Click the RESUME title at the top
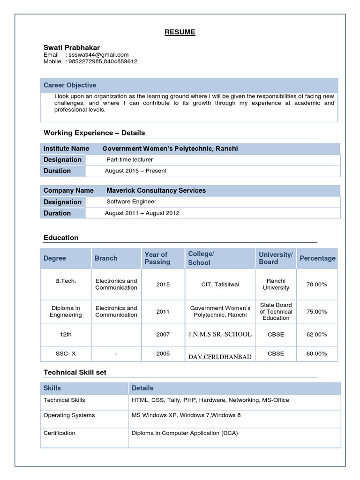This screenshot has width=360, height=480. (180, 32)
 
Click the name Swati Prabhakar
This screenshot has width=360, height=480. (72, 47)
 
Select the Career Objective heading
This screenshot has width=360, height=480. (70, 85)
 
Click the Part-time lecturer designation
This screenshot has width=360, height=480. (130, 160)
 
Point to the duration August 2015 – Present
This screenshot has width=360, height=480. (135, 171)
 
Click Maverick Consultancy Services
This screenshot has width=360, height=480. (156, 190)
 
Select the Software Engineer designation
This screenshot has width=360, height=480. (131, 202)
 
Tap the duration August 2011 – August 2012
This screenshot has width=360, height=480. (142, 213)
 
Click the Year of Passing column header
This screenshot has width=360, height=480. (157, 258)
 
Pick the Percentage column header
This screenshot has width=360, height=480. (317, 258)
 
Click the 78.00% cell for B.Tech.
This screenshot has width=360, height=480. (317, 285)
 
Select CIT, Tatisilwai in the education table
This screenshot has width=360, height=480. (220, 285)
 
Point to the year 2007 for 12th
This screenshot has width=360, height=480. (163, 335)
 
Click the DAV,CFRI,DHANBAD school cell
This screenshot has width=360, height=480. (220, 357)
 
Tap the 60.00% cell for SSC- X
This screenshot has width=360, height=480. (317, 353)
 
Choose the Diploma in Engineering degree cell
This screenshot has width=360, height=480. (66, 312)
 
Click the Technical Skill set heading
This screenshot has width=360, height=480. (75, 373)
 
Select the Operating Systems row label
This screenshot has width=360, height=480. (69, 415)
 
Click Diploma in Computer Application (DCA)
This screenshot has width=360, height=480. (185, 433)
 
